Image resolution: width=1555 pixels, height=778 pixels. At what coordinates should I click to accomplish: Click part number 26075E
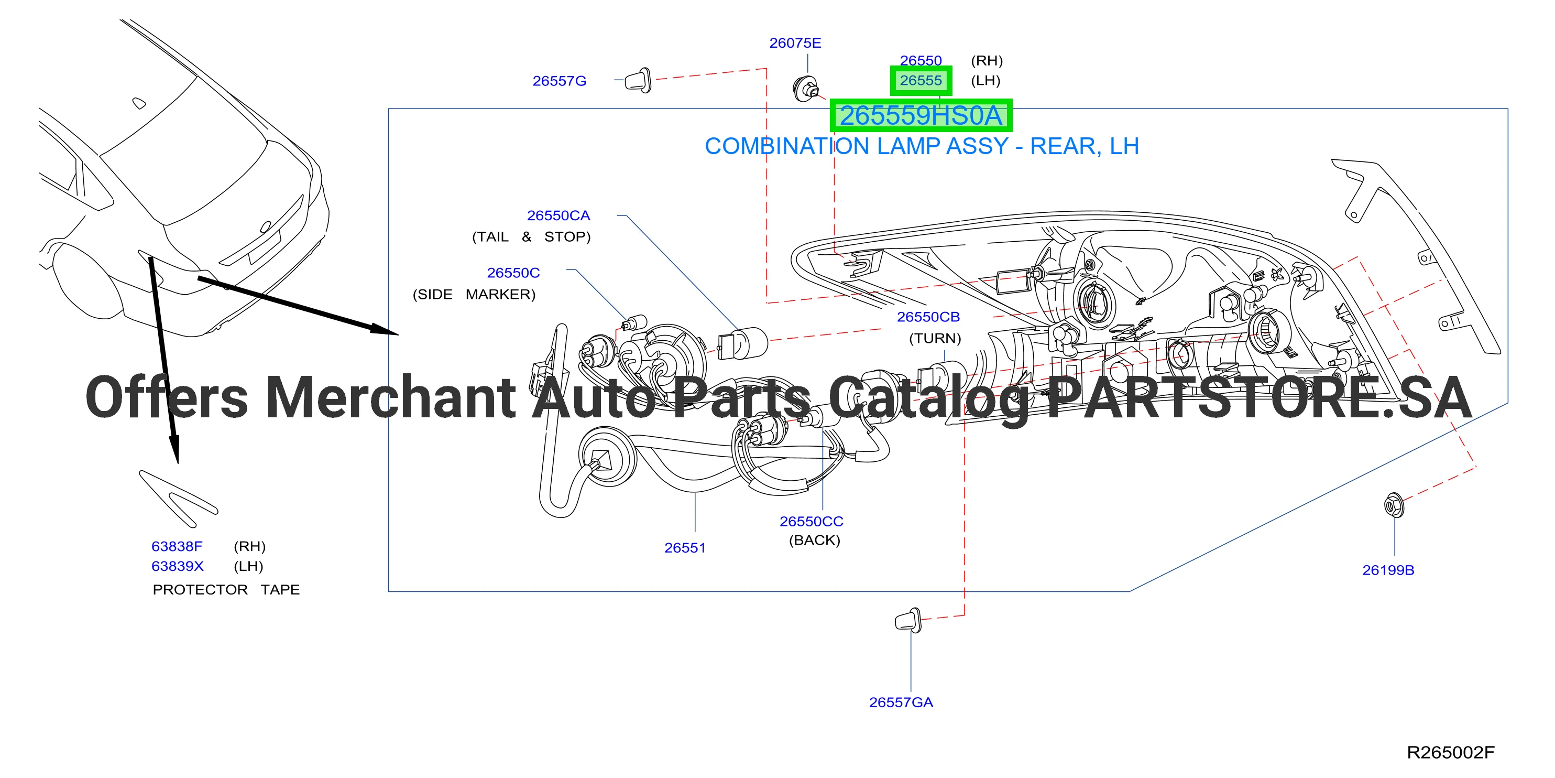795,43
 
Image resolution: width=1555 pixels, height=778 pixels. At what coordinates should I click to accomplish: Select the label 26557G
559,81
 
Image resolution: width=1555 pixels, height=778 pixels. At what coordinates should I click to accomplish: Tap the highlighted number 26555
921,80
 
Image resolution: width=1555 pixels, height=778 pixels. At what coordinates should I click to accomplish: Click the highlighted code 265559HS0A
921,115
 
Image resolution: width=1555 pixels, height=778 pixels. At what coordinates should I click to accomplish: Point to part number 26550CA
559,215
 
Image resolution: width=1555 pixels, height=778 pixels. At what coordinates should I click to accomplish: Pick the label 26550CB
928,317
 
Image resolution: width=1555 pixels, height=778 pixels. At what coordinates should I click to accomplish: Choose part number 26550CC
812,521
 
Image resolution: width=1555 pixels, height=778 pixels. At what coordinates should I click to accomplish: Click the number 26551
685,548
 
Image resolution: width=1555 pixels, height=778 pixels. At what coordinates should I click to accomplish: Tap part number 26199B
1388,570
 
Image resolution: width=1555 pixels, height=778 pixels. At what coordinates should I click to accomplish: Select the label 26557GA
901,703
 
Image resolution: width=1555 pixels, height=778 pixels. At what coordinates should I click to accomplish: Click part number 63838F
177,547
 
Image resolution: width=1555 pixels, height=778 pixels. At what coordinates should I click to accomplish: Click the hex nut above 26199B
1393,505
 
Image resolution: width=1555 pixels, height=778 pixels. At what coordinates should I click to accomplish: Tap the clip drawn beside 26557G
638,80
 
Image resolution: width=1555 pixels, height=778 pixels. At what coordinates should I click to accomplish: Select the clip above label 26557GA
908,620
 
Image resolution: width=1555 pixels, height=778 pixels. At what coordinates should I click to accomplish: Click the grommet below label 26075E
806,89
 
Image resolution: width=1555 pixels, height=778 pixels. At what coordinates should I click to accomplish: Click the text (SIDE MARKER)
474,295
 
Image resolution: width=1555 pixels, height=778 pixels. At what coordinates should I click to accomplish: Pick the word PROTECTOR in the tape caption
200,590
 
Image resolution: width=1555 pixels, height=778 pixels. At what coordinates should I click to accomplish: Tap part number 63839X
178,567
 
